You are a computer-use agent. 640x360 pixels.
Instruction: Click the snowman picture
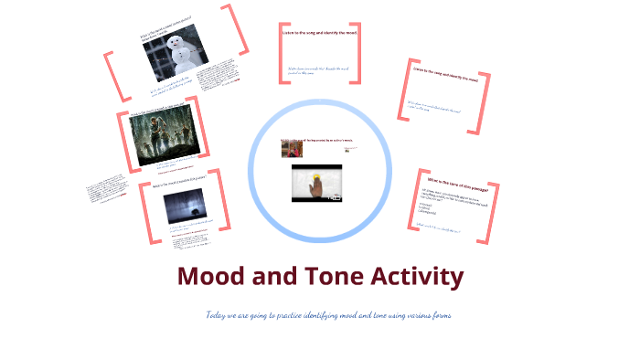coord(176,51)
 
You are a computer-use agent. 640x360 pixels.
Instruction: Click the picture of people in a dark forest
coord(165,138)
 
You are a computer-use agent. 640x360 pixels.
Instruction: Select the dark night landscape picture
coord(181,207)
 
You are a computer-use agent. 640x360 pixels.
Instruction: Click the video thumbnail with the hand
coord(316,183)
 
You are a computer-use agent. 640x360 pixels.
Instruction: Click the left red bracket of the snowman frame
coord(113,75)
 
